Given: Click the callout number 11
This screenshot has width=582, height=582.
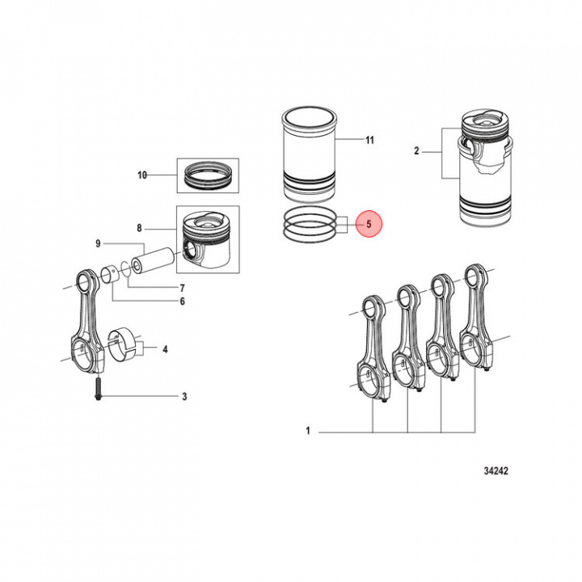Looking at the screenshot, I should pos(369,140).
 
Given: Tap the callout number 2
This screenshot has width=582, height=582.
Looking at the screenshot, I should pos(416,151).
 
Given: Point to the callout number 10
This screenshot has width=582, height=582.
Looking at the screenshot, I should pos(142,175).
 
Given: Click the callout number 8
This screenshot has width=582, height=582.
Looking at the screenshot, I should pos(139,229).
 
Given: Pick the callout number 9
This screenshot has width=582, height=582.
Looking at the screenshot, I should pos(98,243).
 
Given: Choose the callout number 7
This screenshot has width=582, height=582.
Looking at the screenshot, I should pos(182,288).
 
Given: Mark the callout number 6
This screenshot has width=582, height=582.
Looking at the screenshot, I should pos(182,302).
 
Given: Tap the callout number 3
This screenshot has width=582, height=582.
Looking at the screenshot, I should pos(184,396).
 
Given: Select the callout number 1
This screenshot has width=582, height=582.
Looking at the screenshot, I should pos(308,432).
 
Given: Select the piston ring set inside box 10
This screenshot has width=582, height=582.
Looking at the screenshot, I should pos(208,175).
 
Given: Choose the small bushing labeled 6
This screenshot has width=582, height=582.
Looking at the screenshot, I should pos(108,274).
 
